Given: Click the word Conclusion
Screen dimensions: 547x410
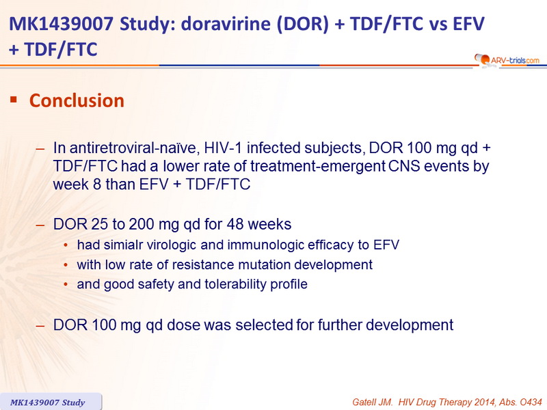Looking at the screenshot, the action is tap(77, 100).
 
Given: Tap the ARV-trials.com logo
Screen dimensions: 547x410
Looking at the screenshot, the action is tap(507, 60).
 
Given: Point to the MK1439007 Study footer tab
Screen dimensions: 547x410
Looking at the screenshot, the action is tap(50, 402).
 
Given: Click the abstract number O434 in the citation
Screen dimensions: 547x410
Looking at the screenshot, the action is tap(531, 402).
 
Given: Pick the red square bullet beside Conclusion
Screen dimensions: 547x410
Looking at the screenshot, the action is tap(14, 100).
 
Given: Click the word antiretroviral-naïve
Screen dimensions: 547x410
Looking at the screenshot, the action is tap(135, 148).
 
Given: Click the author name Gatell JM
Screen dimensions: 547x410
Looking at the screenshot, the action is tap(372, 402).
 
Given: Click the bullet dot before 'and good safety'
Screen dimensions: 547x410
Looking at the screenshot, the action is tap(66, 284).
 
